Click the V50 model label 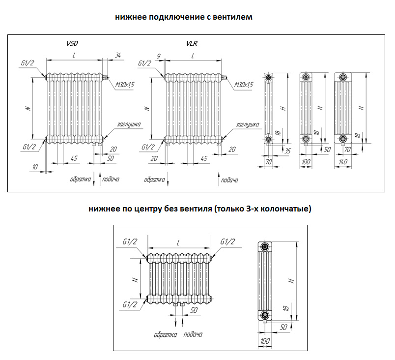[x=73, y=44]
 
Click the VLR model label [x=192, y=44]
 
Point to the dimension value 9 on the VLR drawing [x=158, y=55]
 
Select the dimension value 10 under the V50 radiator [x=34, y=167]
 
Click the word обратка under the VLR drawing [x=154, y=180]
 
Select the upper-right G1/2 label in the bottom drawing [x=227, y=241]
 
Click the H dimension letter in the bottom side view [x=291, y=281]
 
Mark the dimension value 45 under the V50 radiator [x=74, y=158]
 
